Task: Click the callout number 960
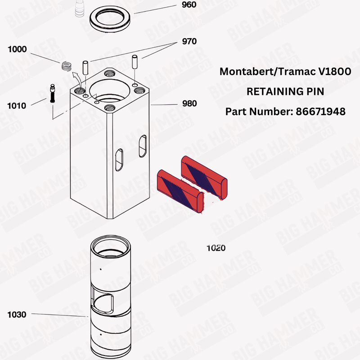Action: [189, 5]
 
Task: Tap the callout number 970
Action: [189, 41]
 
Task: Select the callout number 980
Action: [189, 103]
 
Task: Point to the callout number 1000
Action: [17, 49]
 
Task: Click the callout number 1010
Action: [17, 106]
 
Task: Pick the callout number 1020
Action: [216, 248]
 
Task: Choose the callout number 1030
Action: [17, 315]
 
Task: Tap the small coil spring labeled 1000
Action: [67, 66]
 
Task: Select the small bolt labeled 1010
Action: [53, 94]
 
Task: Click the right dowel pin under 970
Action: [134, 62]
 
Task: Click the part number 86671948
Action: [320, 111]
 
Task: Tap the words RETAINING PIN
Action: [285, 91]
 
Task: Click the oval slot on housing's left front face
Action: [119, 160]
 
